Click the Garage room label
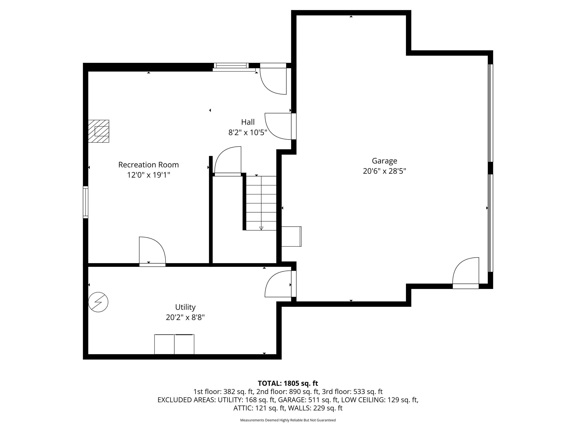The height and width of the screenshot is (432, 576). coord(384,161)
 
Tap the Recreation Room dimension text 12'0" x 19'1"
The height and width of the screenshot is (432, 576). coord(148,175)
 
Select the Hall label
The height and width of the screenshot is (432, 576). coord(248,122)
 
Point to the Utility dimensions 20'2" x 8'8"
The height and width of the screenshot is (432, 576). coord(185,317)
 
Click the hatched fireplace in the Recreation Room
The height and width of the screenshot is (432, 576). coord(98,131)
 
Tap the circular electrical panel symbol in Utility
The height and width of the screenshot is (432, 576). coord(98,302)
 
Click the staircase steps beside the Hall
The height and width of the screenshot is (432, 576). coord(261,203)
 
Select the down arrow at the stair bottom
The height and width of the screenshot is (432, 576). coord(261,228)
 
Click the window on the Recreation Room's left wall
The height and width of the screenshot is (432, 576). coord(85,202)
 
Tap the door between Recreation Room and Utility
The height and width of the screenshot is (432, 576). coord(152,251)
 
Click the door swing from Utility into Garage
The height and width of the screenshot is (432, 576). coord(278,284)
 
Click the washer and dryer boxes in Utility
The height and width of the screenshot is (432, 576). coord(174,344)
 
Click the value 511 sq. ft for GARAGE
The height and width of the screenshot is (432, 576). coord(323,400)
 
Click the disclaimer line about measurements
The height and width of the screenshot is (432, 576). coord(288,420)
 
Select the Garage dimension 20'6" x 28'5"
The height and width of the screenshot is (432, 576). coord(384,171)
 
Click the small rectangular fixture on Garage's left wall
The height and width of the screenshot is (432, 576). coord(291,236)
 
